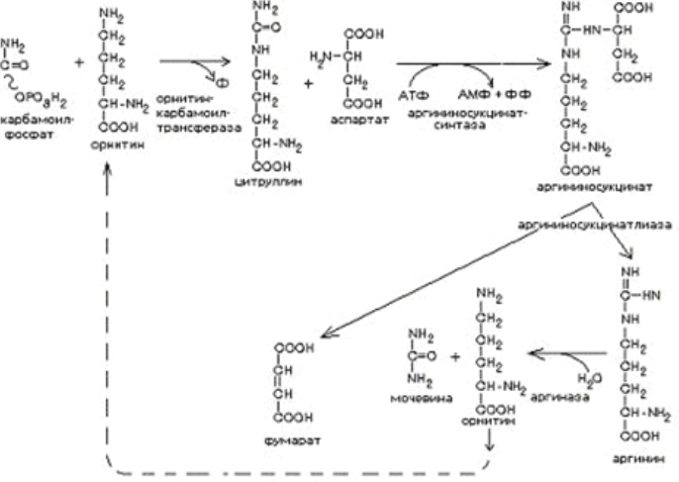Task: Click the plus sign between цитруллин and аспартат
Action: tap(308, 83)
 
